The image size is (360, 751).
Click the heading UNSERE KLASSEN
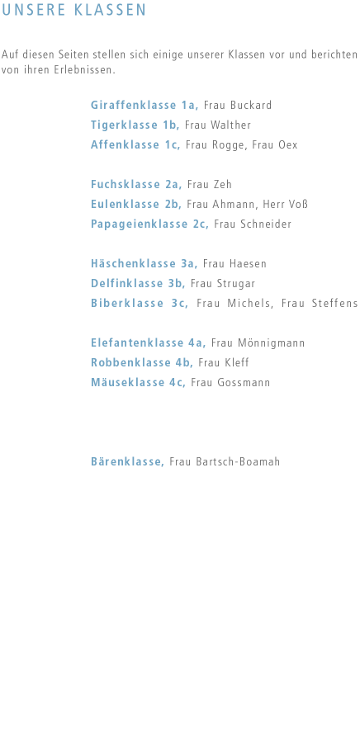73,10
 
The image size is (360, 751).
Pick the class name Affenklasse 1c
135,144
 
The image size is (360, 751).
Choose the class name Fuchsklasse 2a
136,184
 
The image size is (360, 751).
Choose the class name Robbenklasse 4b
142,362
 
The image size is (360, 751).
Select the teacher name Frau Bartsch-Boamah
225,461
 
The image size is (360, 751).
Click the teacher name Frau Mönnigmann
258,343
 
